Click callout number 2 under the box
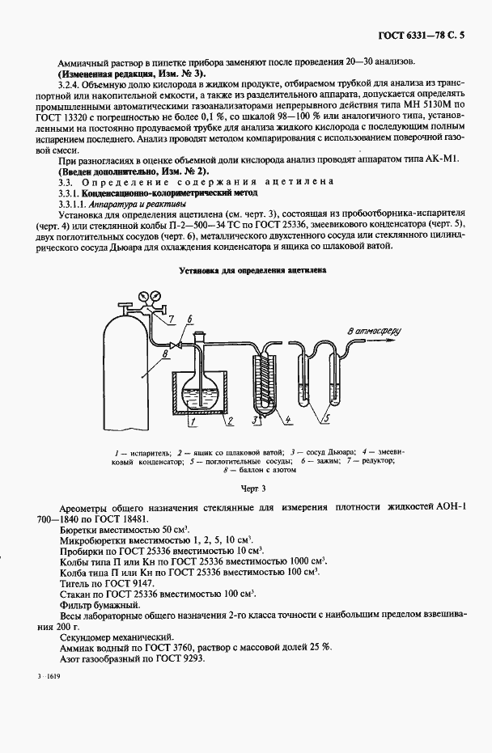tap(230, 421)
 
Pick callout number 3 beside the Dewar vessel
tap(254, 421)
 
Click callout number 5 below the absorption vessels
tap(326, 418)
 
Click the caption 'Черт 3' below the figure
tap(252, 489)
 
